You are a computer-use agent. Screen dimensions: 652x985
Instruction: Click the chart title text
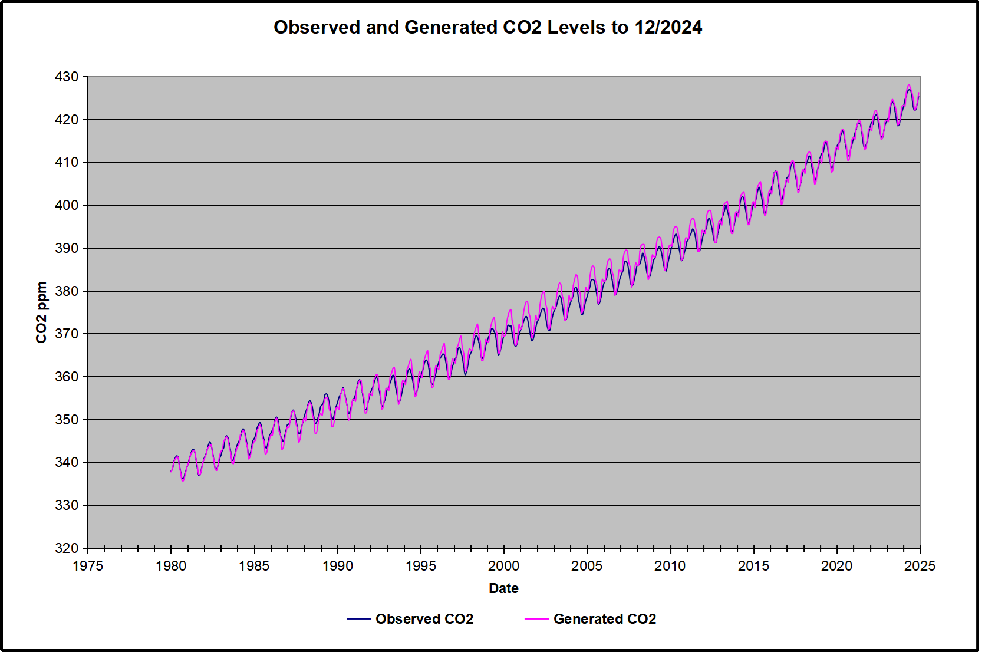(x=487, y=28)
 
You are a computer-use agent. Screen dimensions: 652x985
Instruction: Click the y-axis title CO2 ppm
(x=41, y=312)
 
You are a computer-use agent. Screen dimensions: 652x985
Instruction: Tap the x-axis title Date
(x=503, y=588)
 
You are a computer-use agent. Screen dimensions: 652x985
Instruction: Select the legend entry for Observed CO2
(x=424, y=619)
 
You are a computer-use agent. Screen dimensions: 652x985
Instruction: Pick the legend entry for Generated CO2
(x=604, y=619)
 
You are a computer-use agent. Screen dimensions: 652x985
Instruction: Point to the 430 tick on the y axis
(x=67, y=77)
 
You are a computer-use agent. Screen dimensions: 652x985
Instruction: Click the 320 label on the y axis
(x=67, y=548)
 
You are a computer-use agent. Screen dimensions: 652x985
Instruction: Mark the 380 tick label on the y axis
(x=67, y=291)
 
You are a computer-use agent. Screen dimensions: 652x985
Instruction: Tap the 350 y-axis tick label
(x=67, y=420)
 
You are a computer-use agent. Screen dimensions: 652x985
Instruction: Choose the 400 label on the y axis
(x=67, y=205)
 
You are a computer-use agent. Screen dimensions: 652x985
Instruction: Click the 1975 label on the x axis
(x=88, y=567)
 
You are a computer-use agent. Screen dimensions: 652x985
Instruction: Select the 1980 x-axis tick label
(x=171, y=567)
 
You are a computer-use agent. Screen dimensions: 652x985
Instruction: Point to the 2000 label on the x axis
(x=504, y=567)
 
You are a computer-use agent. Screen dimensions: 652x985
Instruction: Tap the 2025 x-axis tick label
(x=920, y=567)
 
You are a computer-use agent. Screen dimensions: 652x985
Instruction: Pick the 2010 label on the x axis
(x=670, y=567)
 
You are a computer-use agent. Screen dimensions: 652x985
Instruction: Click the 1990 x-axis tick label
(x=338, y=567)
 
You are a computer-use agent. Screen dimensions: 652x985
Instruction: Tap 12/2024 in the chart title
(x=668, y=28)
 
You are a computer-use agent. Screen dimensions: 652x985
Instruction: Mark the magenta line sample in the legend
(x=536, y=619)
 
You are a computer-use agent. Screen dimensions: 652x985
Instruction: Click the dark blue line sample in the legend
(x=358, y=619)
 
